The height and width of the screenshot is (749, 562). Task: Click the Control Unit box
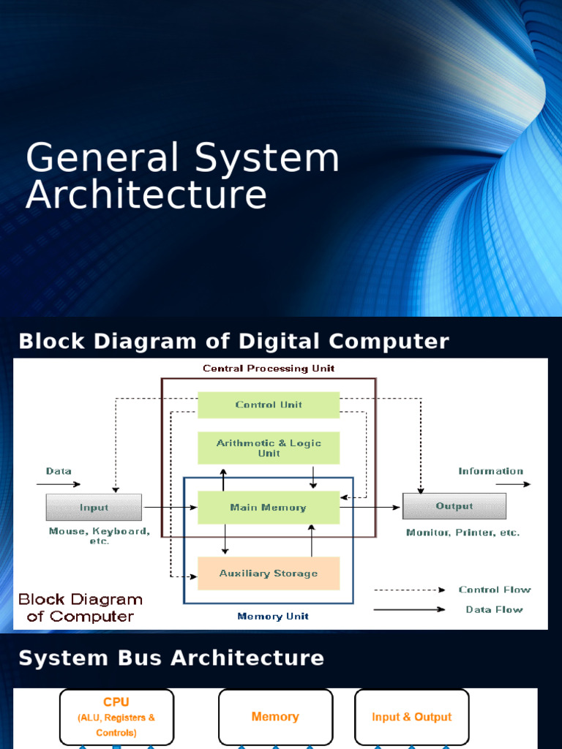[x=269, y=404]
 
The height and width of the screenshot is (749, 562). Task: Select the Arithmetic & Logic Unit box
[x=269, y=448]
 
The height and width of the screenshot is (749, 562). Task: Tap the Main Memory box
[x=269, y=507]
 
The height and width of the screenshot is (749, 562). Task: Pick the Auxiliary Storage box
[x=269, y=573]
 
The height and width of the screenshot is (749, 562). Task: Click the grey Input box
[x=94, y=507]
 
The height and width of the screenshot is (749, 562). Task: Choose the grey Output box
[x=454, y=506]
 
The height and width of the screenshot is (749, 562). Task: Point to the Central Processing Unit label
[x=269, y=369]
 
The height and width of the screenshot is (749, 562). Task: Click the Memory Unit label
[x=273, y=617]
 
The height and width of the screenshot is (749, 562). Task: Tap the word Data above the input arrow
[x=59, y=471]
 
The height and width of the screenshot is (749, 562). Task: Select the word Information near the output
[x=490, y=471]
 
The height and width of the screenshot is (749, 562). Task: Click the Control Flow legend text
[x=495, y=590]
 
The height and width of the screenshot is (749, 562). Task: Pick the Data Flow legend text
[x=495, y=609]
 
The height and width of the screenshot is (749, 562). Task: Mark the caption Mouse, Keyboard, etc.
[x=100, y=536]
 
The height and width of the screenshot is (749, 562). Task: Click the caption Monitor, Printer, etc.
[x=462, y=532]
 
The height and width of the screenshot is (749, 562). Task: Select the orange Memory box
[x=275, y=717]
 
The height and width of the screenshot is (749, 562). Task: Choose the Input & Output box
[x=411, y=717]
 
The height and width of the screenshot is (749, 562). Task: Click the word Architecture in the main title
[x=146, y=195]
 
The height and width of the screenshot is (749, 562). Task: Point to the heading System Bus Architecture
[x=171, y=658]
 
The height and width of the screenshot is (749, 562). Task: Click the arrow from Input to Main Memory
[x=170, y=507]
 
